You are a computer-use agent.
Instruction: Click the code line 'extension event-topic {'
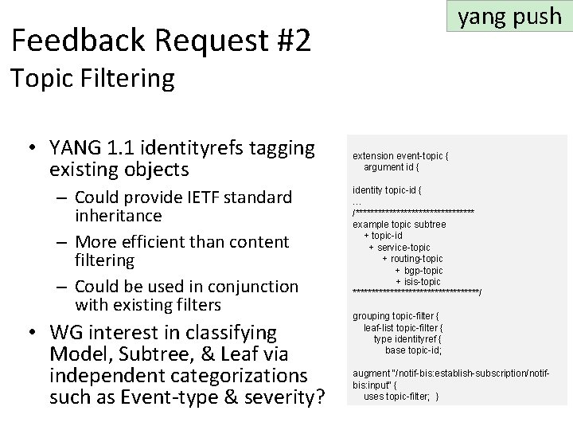[x=400, y=156]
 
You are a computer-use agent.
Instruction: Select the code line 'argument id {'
[x=391, y=167]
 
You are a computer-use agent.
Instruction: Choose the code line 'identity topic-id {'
[x=388, y=190]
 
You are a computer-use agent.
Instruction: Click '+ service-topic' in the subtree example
[x=399, y=248]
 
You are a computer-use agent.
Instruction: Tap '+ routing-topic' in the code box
[x=412, y=259]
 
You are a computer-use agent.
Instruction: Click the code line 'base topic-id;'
[x=413, y=350]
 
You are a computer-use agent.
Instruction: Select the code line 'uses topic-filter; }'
[x=401, y=397]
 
